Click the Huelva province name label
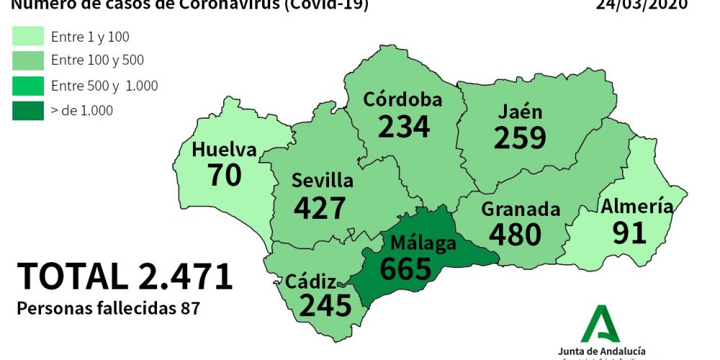(x=224, y=150)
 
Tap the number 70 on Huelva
(x=224, y=175)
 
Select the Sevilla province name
(x=322, y=181)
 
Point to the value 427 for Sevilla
(x=320, y=208)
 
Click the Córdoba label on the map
(x=402, y=99)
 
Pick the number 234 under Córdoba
(x=403, y=127)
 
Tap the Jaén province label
(x=520, y=112)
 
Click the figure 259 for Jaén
(x=520, y=138)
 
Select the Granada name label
(x=521, y=210)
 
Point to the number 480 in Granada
(x=515, y=235)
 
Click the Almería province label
(x=637, y=207)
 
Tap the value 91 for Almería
(x=630, y=233)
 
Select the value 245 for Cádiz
(x=325, y=306)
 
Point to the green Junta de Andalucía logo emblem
(x=601, y=323)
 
